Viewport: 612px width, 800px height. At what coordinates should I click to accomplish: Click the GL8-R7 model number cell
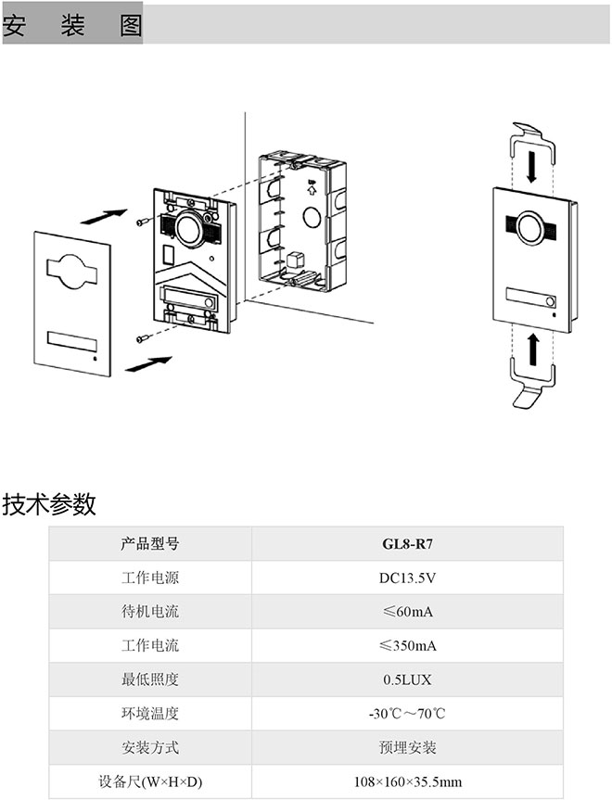[407, 544]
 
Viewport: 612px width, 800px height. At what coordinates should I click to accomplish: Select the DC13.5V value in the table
[407, 578]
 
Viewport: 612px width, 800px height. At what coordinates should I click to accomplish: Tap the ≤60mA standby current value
[407, 613]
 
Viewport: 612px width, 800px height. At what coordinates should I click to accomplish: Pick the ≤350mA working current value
[407, 646]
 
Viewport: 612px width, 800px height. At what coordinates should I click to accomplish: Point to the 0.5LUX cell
[407, 680]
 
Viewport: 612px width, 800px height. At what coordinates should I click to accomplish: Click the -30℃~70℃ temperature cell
[407, 714]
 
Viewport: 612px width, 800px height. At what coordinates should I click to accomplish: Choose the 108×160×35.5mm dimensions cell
[407, 781]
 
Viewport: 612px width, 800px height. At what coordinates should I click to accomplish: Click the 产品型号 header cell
[150, 544]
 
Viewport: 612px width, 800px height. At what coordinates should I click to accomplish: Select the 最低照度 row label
[150, 680]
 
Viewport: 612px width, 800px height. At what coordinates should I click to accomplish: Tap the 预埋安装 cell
[407, 747]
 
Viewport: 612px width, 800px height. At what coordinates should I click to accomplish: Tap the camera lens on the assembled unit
[529, 227]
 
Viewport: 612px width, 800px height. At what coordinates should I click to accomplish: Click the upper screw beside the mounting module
[142, 222]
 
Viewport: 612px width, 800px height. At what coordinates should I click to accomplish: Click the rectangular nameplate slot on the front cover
[70, 341]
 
